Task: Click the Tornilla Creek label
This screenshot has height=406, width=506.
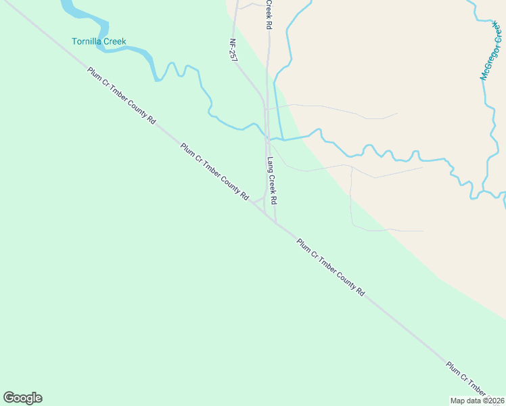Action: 99,41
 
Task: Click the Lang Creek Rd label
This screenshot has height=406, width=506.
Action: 272,181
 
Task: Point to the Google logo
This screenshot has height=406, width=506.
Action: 22,397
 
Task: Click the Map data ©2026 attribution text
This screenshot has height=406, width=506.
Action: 477,401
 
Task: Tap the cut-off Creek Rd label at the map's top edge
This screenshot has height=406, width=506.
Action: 269,14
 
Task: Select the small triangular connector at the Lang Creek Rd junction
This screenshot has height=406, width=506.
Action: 260,202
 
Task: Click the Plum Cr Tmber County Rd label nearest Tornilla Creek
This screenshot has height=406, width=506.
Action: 121,95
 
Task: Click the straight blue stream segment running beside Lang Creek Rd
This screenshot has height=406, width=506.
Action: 276,108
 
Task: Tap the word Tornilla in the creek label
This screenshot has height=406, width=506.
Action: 87,41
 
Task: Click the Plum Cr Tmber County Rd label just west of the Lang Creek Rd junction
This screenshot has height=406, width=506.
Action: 214,171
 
